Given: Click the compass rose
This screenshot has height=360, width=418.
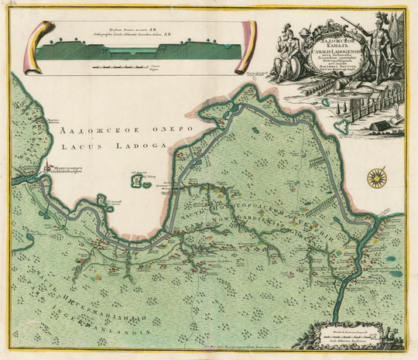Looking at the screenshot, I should pos(378,177).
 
